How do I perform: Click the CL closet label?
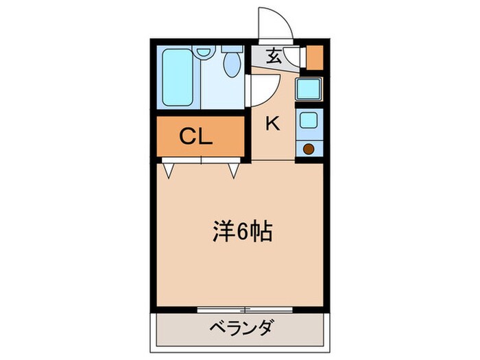tap(196, 136)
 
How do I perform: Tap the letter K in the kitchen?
tap(272, 124)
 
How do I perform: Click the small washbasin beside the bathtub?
tap(203, 51)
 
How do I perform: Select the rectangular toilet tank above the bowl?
tap(232, 49)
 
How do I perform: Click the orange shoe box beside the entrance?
tap(314, 58)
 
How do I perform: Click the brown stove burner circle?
tap(309, 148)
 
